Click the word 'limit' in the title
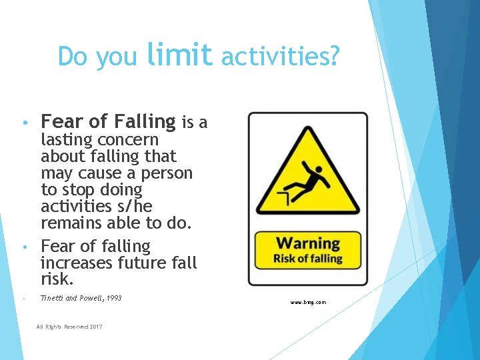[x=179, y=55]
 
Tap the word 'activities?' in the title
[x=279, y=57]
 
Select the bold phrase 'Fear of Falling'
[x=108, y=121]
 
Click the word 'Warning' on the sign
[x=308, y=243]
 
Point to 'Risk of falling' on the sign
[x=308, y=258]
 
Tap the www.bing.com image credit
[x=308, y=303]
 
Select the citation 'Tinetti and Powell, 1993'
[x=81, y=298]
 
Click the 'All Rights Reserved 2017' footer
[x=69, y=326]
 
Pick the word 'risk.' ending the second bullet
[x=57, y=279]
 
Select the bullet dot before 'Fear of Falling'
[x=23, y=123]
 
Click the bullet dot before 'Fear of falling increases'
[x=23, y=247]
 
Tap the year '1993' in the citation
[x=113, y=298]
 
